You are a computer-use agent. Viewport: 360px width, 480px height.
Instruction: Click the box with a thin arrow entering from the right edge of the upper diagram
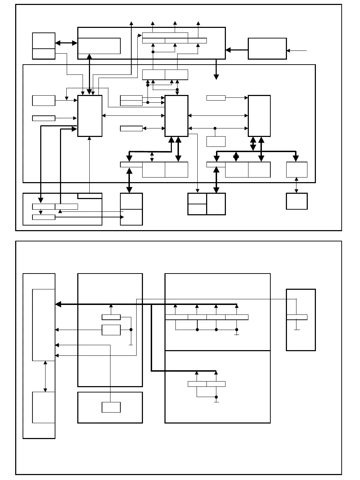pos(267,49)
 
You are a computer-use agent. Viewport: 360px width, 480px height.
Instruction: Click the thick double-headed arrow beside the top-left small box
pos(66,43)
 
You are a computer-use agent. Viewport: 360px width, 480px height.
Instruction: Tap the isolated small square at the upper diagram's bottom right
pos(296,201)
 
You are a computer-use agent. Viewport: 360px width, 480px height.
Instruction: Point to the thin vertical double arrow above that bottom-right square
pos(296,185)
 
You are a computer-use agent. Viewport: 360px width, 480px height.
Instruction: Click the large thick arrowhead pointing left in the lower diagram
pos(59,304)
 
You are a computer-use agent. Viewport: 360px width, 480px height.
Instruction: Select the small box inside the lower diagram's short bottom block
pos(111,407)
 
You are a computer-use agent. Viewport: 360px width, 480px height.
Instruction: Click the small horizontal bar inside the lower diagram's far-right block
pos(296,317)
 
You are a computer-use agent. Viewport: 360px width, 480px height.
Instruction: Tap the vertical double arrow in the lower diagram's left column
pos(45,376)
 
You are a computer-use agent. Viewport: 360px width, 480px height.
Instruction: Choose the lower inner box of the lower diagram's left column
pos(44,407)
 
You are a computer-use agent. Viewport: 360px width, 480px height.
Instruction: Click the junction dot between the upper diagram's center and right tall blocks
pos(215,128)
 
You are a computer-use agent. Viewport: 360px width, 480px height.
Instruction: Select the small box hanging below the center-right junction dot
pos(216,141)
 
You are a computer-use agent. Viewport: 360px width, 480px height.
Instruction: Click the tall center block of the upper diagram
pos(176,116)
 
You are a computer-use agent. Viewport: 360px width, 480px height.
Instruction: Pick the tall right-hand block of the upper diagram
pos(259,116)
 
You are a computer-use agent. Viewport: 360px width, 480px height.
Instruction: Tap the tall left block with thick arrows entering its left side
pos(90,116)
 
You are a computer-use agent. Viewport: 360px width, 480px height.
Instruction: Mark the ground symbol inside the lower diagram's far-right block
pos(297,329)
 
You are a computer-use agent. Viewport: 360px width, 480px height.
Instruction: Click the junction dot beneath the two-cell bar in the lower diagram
pos(216,397)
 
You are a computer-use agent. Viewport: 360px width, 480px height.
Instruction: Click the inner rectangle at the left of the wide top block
pos(99,46)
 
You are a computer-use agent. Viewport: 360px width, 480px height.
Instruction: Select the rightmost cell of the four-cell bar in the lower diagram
pos(237,317)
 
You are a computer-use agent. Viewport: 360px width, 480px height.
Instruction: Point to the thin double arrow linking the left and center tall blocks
pos(133,115)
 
